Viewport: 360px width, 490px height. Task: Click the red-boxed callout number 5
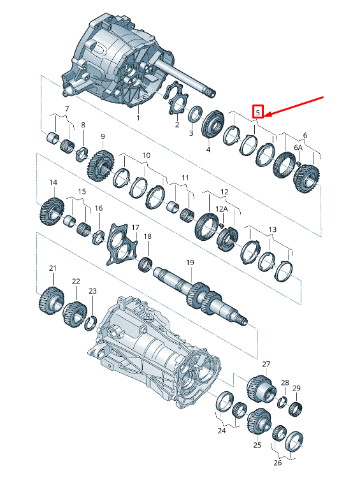pyautogui.click(x=258, y=112)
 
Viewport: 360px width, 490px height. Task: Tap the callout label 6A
pyautogui.click(x=298, y=147)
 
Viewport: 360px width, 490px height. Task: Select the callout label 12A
pyautogui.click(x=222, y=209)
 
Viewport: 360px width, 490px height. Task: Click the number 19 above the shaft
pyautogui.click(x=190, y=263)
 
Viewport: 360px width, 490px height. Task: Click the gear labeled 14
pyautogui.click(x=52, y=211)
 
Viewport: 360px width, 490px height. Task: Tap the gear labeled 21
pyautogui.click(x=52, y=300)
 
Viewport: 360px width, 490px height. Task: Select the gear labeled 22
pyautogui.click(x=75, y=313)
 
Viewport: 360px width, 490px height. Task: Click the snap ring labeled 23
pyautogui.click(x=90, y=323)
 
